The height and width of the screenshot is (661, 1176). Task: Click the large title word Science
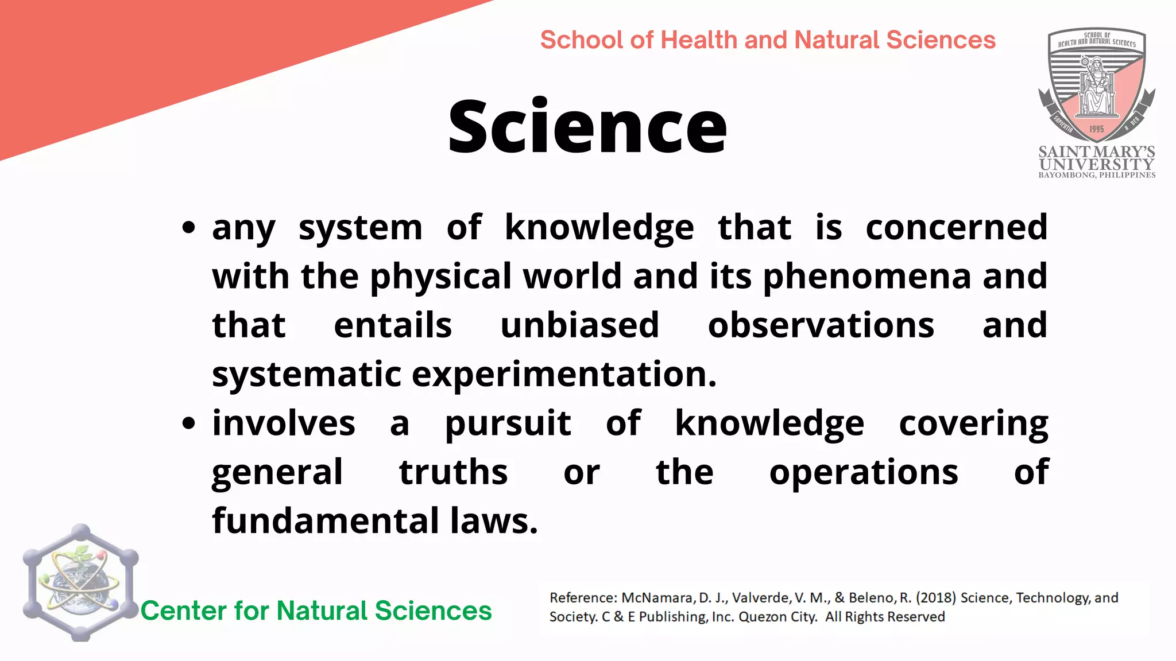click(x=587, y=127)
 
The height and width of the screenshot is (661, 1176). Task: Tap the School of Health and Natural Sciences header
click(x=768, y=40)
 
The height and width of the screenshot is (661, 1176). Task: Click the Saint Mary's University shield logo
click(x=1096, y=86)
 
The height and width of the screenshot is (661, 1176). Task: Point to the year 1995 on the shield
click(x=1096, y=129)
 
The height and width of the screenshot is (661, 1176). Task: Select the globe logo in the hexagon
click(x=80, y=583)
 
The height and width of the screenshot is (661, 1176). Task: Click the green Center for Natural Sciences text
click(x=316, y=611)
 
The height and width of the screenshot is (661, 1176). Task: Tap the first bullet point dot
click(x=188, y=228)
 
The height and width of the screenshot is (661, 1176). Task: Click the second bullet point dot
click(x=188, y=423)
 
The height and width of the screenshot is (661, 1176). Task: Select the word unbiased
click(x=579, y=325)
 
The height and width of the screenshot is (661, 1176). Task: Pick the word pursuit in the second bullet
click(x=508, y=423)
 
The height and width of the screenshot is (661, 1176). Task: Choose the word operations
click(x=864, y=472)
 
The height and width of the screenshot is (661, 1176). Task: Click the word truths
click(x=453, y=472)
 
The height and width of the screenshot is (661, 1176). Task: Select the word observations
click(x=821, y=325)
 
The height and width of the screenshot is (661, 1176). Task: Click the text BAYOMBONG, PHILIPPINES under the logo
click(x=1097, y=175)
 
